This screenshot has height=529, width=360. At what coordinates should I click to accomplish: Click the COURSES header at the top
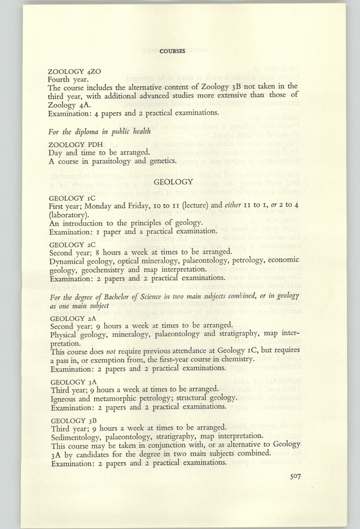point(172,51)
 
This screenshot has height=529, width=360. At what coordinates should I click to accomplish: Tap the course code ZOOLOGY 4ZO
point(71,71)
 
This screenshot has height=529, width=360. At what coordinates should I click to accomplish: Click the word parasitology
point(105,160)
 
